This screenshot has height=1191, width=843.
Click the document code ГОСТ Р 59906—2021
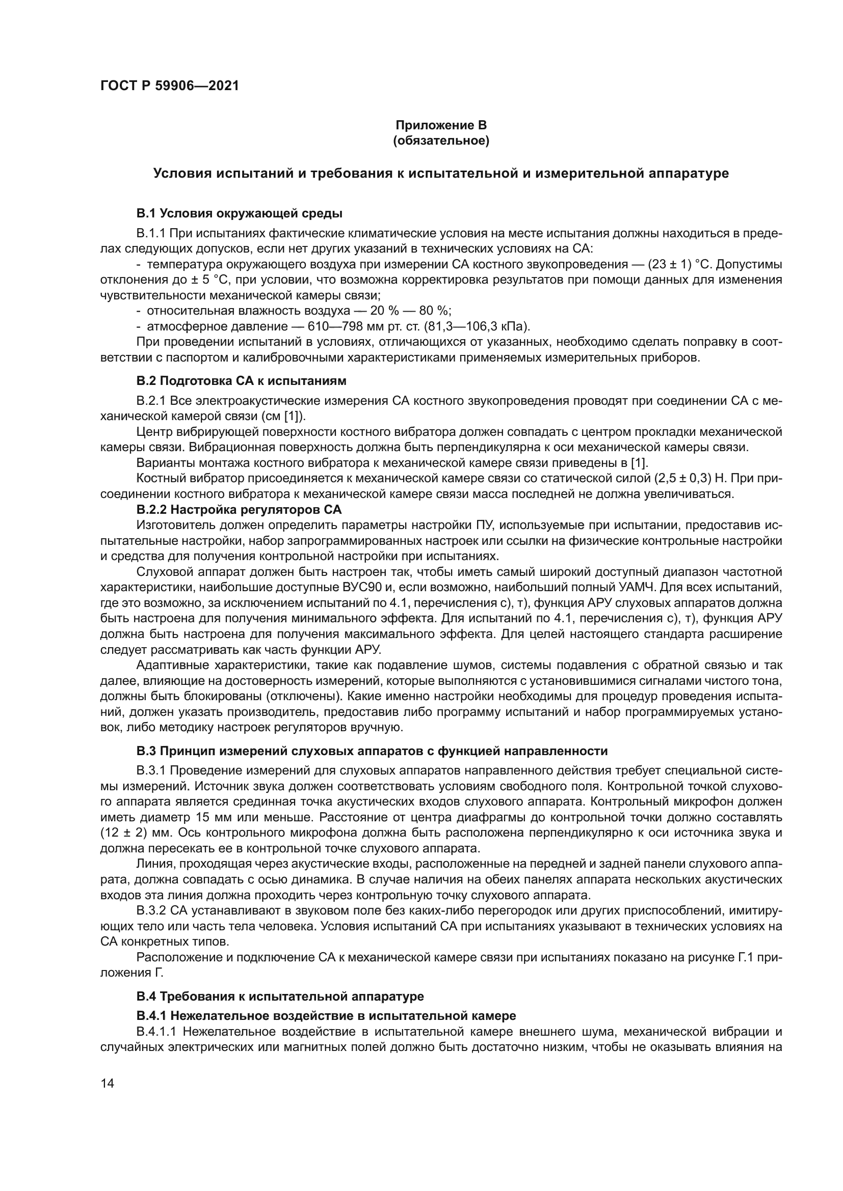tap(169, 86)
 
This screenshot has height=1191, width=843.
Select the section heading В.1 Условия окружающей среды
tap(240, 213)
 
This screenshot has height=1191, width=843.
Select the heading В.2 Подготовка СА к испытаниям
tap(242, 381)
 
